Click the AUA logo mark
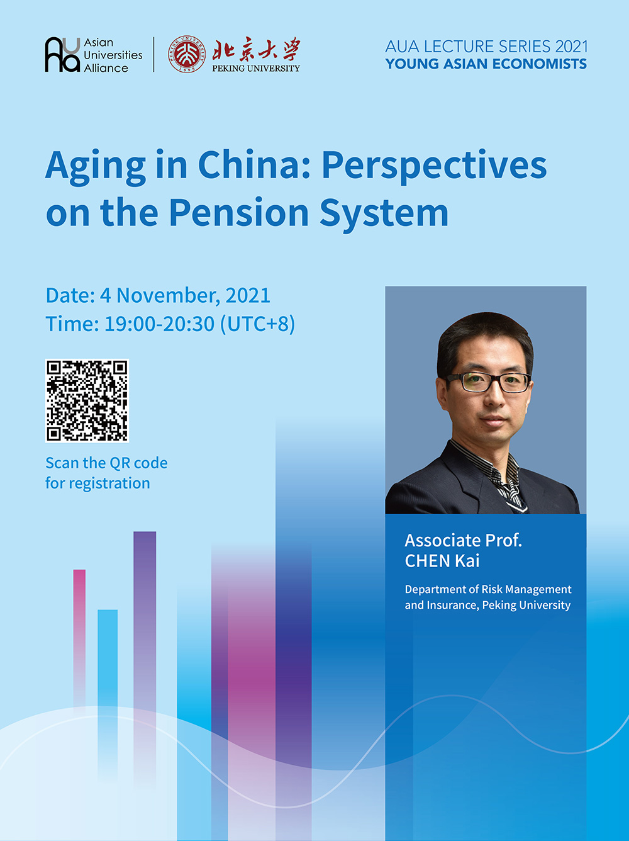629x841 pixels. click(x=62, y=54)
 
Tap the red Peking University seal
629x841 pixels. click(x=186, y=54)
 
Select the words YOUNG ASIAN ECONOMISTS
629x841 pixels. click(x=486, y=64)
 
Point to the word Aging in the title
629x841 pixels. click(x=96, y=167)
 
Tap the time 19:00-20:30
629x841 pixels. click(x=159, y=324)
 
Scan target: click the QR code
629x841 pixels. click(x=87, y=401)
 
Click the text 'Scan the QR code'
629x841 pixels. click(x=106, y=463)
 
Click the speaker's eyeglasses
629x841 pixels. click(x=487, y=382)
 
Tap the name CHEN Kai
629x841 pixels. click(x=442, y=562)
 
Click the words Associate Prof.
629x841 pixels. click(x=463, y=541)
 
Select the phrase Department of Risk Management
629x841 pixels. click(x=488, y=589)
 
